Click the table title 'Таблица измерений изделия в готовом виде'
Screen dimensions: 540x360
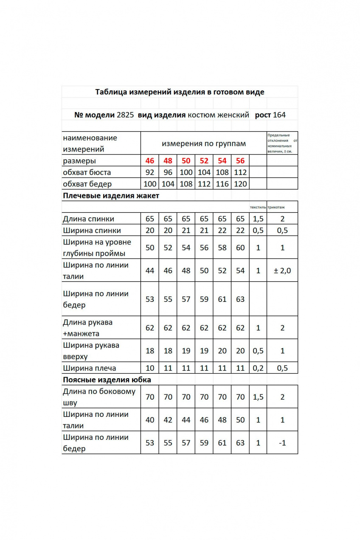coord(180,92)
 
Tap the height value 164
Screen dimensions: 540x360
coord(279,115)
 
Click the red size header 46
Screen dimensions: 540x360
coord(150,161)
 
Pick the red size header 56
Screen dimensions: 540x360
coord(240,161)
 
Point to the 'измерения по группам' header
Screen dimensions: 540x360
coord(204,143)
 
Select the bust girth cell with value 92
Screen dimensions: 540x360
coord(150,172)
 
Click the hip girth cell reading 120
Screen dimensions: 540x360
coord(240,184)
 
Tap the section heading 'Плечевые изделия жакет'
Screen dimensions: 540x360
coord(111,196)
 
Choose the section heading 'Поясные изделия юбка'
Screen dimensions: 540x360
coord(107,380)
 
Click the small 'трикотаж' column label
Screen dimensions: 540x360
coord(276,208)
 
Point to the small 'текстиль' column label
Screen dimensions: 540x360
coord(258,208)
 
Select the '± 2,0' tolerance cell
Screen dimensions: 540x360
coord(282,270)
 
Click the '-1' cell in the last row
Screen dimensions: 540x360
coord(282,443)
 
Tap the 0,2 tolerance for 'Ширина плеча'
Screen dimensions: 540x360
coord(258,368)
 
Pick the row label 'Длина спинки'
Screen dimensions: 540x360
coord(88,219)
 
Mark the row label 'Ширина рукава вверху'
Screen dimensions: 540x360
coord(91,351)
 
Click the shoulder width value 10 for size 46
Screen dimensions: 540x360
coord(150,368)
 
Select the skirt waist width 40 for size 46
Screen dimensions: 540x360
coord(150,420)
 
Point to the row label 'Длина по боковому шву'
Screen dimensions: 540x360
coord(98,397)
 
